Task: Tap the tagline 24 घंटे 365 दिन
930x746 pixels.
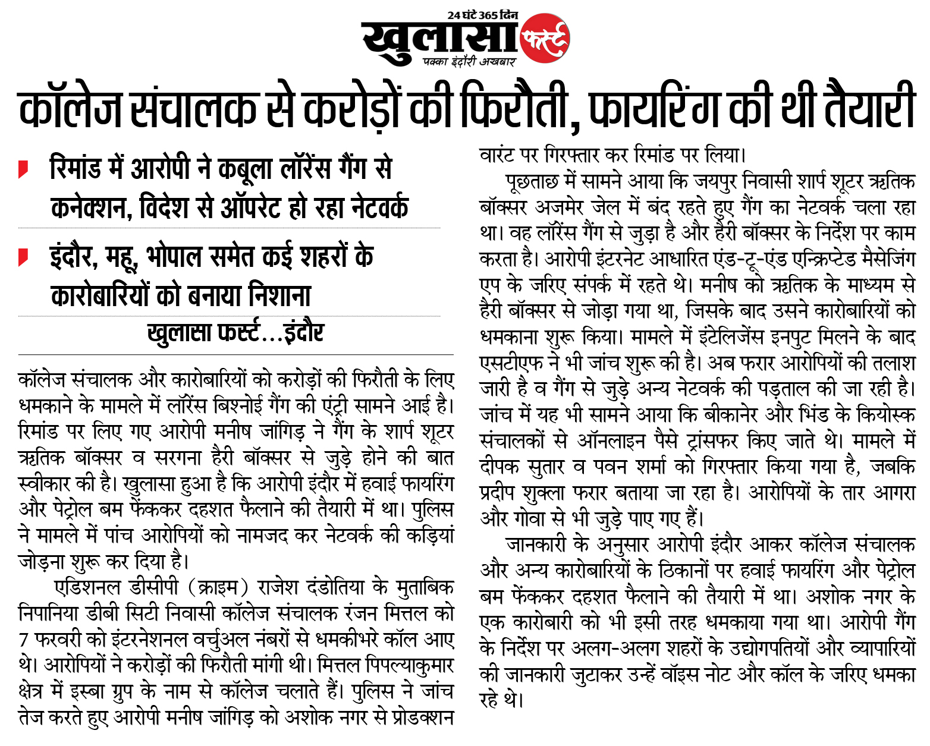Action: point(482,15)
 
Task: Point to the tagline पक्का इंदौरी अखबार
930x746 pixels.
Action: point(469,61)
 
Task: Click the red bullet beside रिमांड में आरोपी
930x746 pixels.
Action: point(23,169)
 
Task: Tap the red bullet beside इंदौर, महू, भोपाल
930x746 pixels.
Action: point(23,257)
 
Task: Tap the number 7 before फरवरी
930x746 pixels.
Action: point(24,640)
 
